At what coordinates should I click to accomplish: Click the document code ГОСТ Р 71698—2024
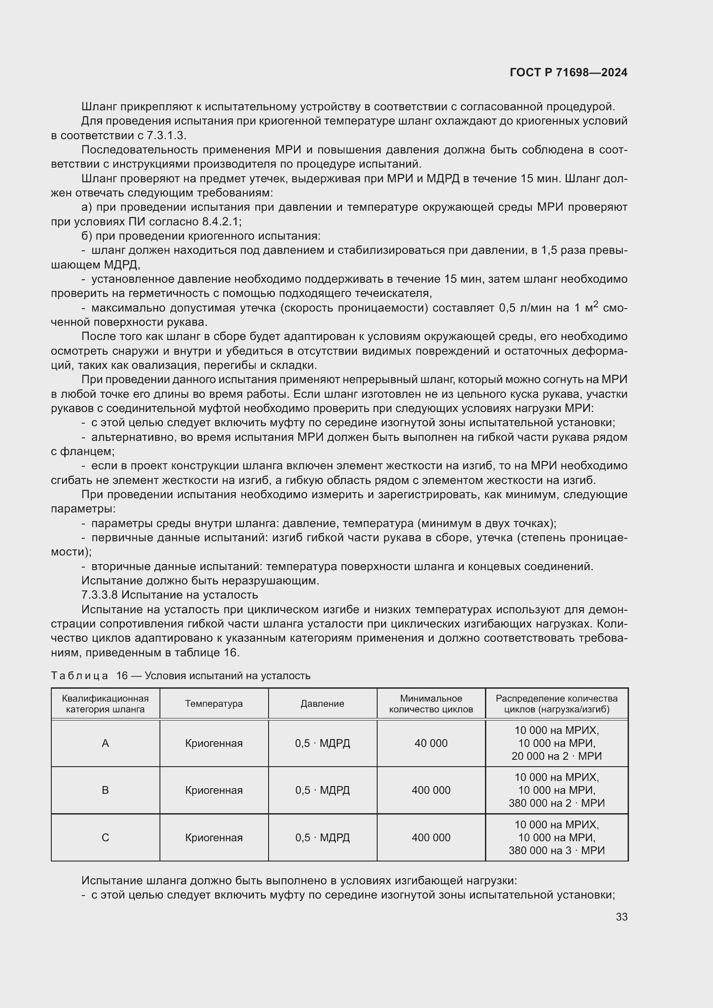[569, 72]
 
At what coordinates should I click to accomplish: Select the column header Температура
[214, 704]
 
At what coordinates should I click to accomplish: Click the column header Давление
[322, 704]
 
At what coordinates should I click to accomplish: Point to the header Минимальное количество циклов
[431, 704]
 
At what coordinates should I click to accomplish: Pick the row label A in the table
[105, 743]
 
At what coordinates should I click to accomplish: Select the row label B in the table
[105, 790]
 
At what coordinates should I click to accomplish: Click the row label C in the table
[105, 838]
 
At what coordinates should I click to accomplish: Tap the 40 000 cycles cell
[431, 743]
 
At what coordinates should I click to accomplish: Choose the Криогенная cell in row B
[214, 790]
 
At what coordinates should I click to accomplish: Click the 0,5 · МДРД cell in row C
[322, 838]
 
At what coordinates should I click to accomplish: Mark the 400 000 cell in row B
[431, 790]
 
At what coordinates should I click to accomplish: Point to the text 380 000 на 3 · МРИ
[556, 850]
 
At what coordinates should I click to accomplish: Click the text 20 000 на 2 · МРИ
[556, 756]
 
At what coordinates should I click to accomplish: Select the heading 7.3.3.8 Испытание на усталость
[169, 595]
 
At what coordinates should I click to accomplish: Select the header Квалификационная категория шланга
[105, 704]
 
